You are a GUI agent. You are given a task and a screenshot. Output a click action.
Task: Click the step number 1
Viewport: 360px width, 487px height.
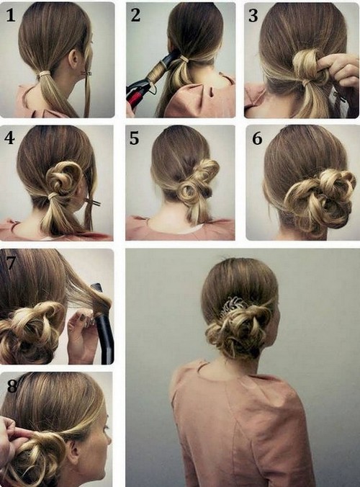(x=11, y=15)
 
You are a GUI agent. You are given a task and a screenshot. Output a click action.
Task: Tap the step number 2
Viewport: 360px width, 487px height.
(x=135, y=15)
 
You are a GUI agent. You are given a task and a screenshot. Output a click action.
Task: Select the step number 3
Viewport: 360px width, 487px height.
(x=253, y=16)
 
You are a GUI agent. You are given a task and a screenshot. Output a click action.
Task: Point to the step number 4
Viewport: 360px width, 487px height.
(x=9, y=138)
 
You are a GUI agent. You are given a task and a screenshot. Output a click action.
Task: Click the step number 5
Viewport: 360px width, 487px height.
(x=134, y=138)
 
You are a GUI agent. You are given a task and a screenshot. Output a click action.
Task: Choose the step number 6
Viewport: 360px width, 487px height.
(x=257, y=138)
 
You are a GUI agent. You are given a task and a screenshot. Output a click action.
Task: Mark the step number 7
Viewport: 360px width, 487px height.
(x=11, y=263)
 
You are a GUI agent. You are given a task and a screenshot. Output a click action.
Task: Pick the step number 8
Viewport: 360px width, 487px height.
(x=12, y=386)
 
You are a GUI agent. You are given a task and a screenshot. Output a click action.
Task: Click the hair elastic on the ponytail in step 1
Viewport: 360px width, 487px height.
(x=45, y=74)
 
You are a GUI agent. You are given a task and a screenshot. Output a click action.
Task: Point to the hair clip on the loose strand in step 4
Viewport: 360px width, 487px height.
(x=94, y=203)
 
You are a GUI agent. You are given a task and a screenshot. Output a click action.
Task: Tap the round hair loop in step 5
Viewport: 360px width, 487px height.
(x=189, y=194)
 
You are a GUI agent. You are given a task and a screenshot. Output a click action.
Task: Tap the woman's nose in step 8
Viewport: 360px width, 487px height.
(x=108, y=439)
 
